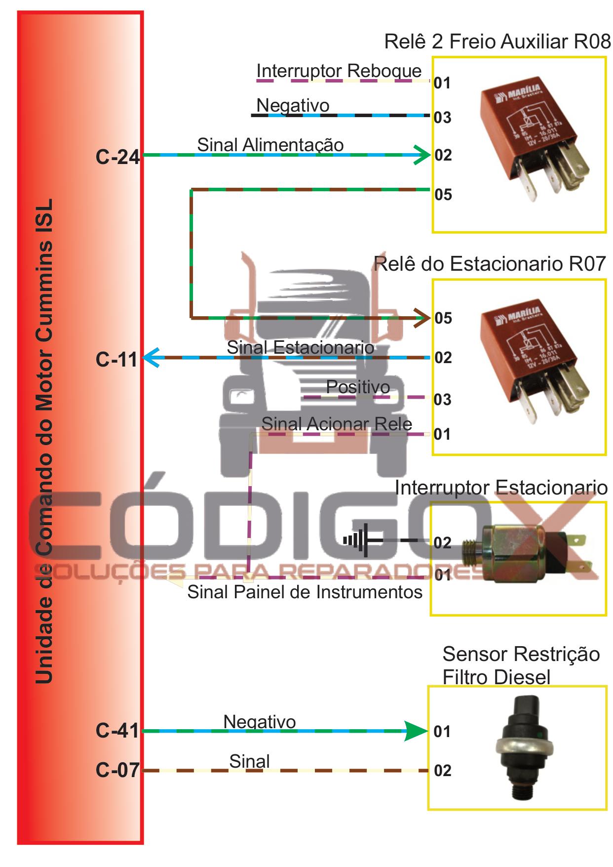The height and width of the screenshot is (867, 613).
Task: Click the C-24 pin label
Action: pos(117,157)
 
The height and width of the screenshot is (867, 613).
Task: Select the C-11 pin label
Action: pos(116,360)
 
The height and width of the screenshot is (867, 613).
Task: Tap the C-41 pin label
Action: pos(117,731)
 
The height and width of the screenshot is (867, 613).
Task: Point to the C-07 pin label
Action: pos(117,770)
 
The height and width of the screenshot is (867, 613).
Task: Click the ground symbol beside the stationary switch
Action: pos(356,540)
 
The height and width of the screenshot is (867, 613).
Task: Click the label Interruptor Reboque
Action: pos(339,71)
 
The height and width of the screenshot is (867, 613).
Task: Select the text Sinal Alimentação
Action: pos(270,145)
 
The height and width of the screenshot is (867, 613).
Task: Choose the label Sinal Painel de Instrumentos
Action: pos(305,592)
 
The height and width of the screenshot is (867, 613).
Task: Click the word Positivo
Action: pos(358,387)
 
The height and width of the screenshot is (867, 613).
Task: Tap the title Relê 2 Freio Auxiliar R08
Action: pos(497,41)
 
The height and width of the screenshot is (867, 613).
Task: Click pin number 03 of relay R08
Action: pos(442,118)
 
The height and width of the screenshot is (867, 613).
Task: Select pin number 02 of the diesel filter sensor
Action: pos(442,771)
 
